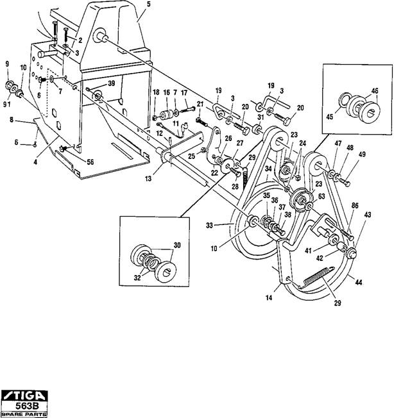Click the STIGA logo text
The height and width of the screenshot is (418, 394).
click(24, 396)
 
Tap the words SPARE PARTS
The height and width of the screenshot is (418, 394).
click(24, 415)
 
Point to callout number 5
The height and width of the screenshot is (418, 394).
click(148, 4)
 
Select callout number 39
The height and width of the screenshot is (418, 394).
click(111, 83)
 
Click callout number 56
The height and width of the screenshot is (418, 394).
click(90, 162)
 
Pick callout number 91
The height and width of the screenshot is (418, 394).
click(7, 104)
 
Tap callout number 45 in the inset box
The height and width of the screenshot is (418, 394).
click(330, 117)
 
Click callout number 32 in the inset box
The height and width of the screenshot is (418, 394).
click(137, 278)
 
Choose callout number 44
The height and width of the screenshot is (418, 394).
click(359, 282)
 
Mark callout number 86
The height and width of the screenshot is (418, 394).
click(355, 206)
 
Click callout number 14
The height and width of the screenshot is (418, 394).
click(269, 297)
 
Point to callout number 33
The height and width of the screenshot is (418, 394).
click(209, 226)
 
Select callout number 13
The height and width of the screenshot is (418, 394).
click(148, 178)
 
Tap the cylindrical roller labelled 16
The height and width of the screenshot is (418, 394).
click(167, 114)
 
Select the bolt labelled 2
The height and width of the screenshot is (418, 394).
click(67, 37)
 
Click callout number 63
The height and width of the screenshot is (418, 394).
click(321, 196)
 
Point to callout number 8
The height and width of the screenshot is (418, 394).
click(12, 120)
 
